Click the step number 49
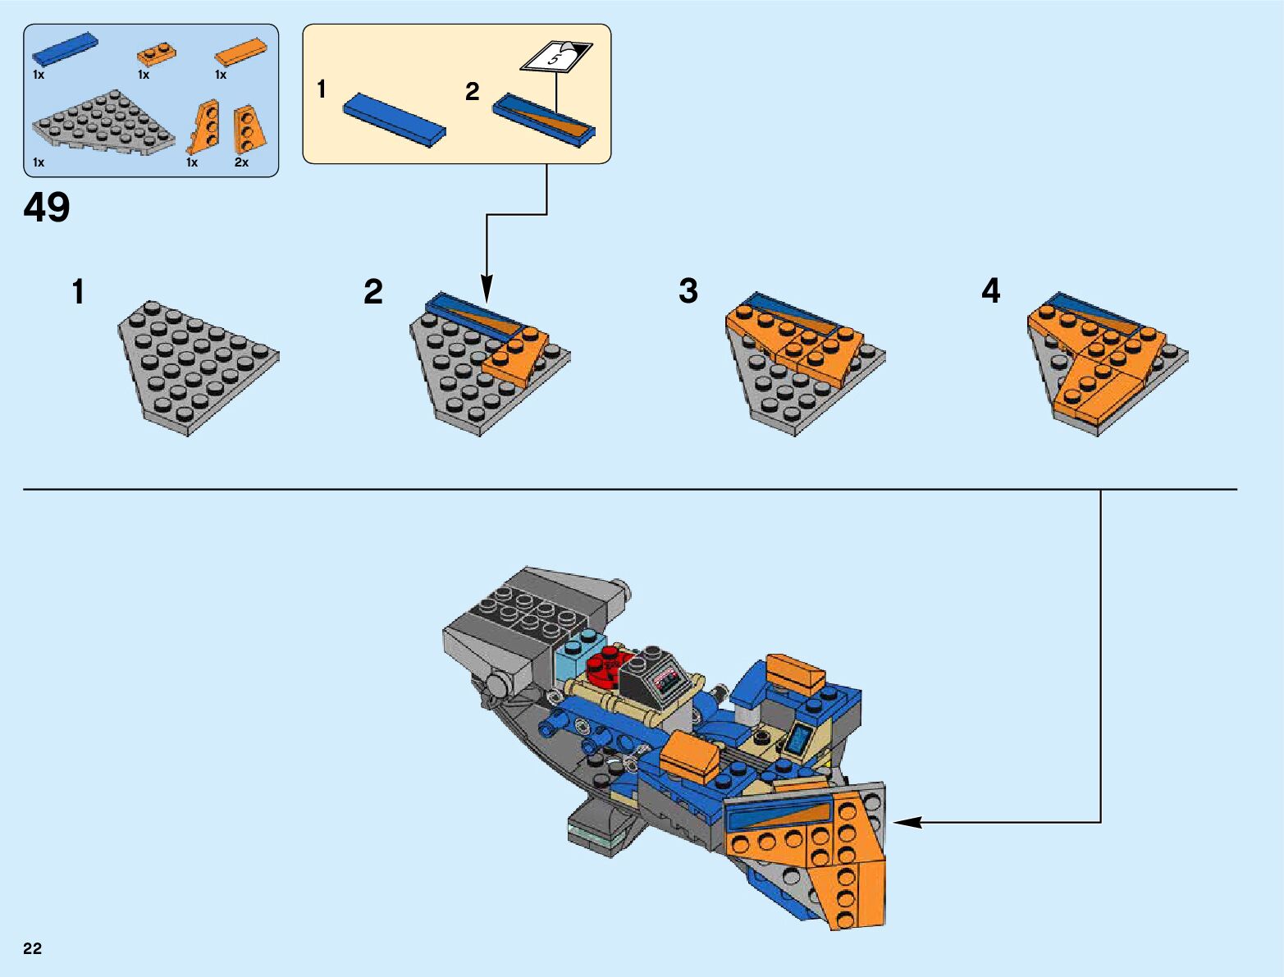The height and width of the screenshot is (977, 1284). click(47, 208)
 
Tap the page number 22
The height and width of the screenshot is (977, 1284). click(32, 948)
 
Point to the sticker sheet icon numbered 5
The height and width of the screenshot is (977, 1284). click(556, 57)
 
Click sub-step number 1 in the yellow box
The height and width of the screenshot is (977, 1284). click(322, 89)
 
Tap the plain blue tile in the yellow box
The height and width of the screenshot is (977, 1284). click(394, 119)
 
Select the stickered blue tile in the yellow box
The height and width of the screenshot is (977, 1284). click(543, 120)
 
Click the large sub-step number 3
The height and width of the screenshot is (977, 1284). click(688, 291)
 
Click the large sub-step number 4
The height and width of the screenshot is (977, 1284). click(991, 291)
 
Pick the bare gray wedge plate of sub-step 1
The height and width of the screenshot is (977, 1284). click(196, 364)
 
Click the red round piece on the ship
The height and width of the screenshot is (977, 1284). click(604, 663)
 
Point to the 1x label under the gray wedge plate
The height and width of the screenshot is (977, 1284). click(39, 162)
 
